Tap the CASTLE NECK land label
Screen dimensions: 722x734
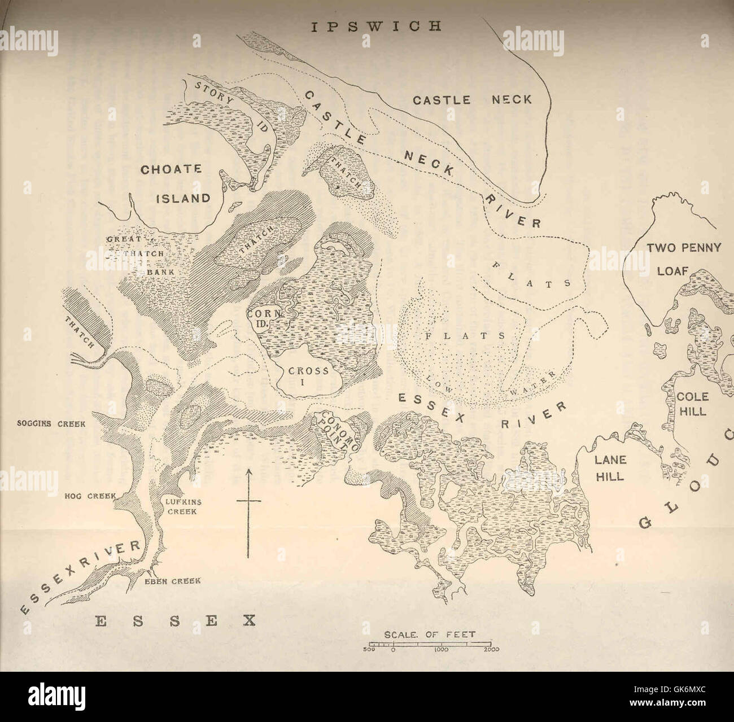[472, 100]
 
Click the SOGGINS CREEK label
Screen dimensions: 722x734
[59, 423]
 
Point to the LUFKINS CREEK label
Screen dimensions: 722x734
[181, 506]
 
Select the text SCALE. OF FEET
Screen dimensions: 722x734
[429, 634]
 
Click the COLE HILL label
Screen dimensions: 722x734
[693, 404]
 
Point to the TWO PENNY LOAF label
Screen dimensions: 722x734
[683, 259]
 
